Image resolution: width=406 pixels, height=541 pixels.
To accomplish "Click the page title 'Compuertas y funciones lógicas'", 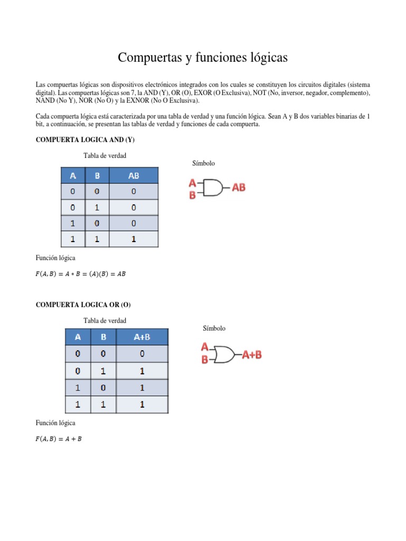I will point(203,57).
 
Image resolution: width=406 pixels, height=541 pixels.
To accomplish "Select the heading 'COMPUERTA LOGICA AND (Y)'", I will point(85,139).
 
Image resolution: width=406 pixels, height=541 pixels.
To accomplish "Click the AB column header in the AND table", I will point(134,175).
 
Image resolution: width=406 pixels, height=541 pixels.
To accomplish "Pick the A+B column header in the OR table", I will point(142,337).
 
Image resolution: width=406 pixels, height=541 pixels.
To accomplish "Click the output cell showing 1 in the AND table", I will point(134,239).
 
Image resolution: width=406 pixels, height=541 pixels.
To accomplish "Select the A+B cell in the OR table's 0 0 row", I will point(142,353).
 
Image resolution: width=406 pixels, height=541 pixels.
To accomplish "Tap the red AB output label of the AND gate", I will point(239,188).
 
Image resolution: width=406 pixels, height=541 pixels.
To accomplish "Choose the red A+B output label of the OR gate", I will point(252,355).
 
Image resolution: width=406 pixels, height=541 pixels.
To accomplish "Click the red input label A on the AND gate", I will point(192,183).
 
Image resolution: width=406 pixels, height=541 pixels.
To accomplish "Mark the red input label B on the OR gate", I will point(205,360).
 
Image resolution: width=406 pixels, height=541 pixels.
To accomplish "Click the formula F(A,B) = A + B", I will point(59,439).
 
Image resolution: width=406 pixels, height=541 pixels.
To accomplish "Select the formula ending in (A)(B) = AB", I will point(80,274).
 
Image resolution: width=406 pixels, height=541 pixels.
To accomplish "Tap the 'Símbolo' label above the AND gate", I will point(204,164).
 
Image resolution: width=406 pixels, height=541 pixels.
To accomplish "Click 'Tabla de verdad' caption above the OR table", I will point(105,320).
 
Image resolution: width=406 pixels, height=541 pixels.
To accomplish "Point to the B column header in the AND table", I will point(97,175).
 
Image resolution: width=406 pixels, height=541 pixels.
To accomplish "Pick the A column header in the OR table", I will point(78,337).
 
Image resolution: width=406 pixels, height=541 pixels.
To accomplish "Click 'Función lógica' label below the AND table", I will point(56,258).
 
